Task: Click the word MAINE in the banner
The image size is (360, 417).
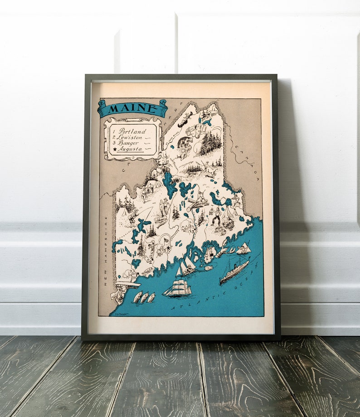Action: (x=131, y=108)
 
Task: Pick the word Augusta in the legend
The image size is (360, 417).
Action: (x=130, y=149)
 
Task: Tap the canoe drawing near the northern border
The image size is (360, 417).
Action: (x=185, y=121)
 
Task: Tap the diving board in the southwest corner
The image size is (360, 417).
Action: (x=127, y=285)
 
